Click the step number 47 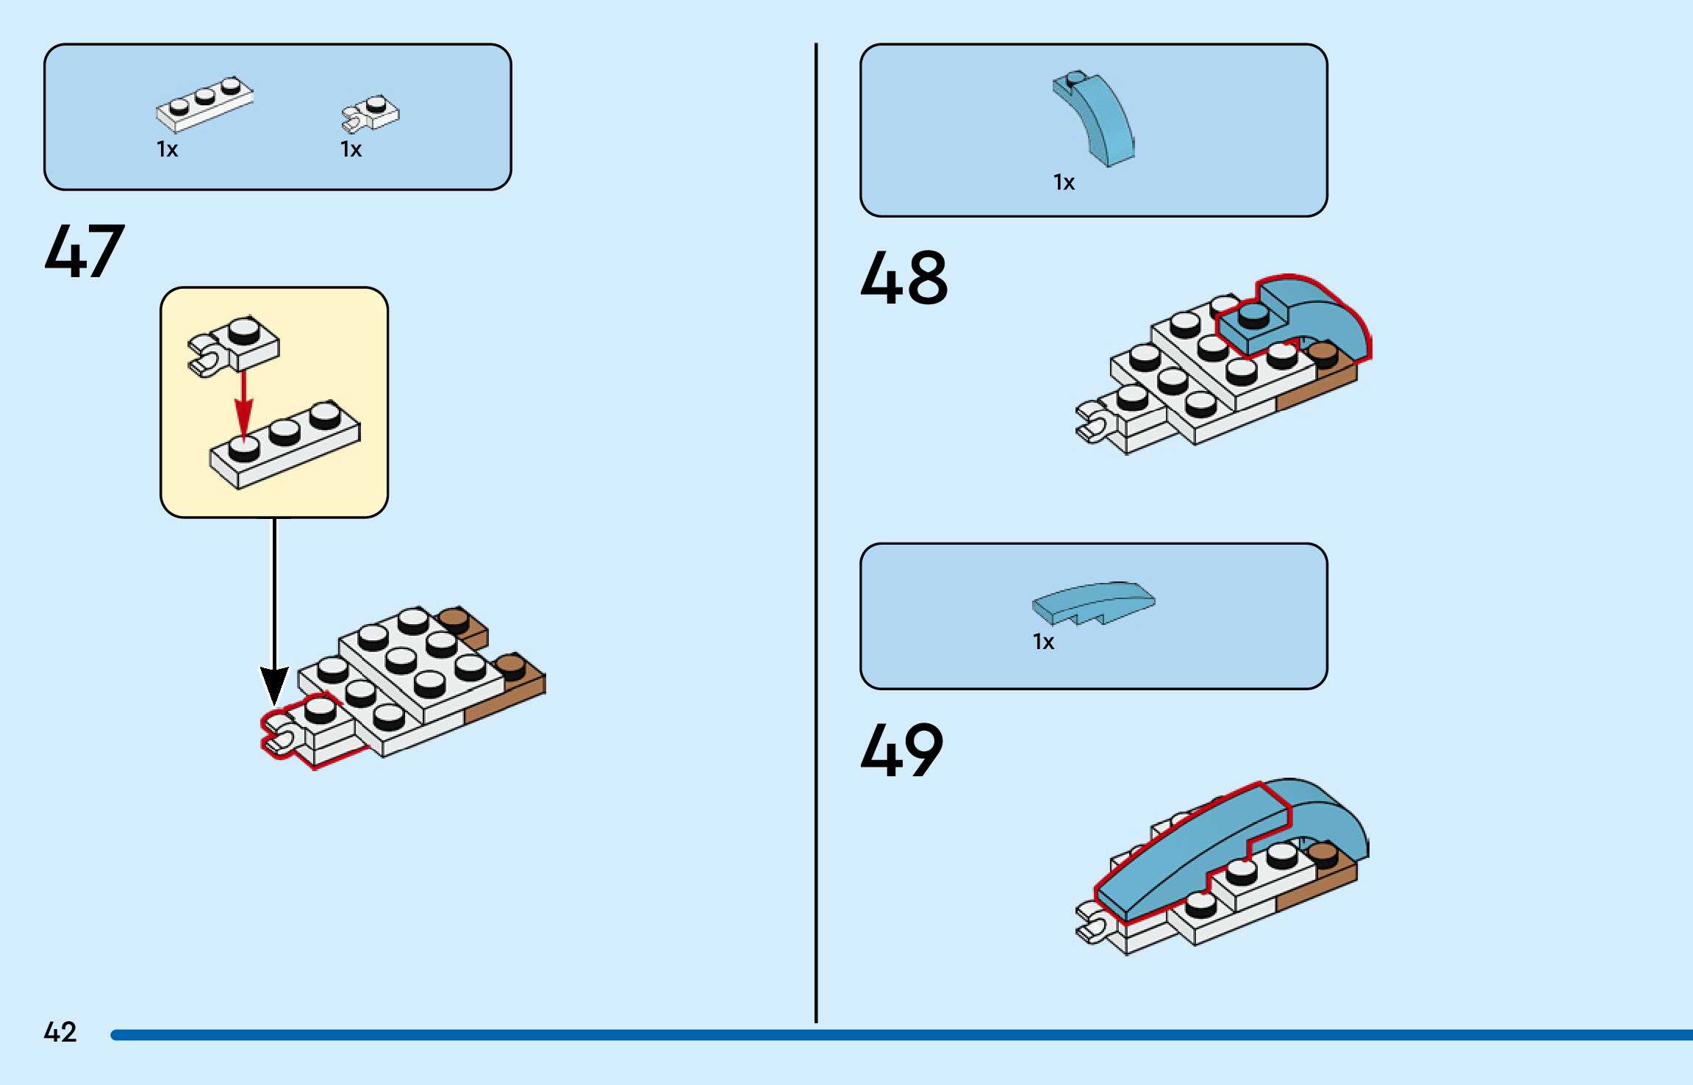85,251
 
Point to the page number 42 60,1032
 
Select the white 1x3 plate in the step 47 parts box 204,104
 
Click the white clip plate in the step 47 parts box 371,114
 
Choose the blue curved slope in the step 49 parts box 1093,602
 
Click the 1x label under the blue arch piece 1064,182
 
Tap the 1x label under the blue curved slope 1043,642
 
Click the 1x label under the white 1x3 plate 167,150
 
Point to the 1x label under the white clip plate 351,150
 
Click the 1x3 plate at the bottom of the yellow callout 285,444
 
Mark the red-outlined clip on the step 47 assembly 283,736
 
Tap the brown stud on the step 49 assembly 1322,854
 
